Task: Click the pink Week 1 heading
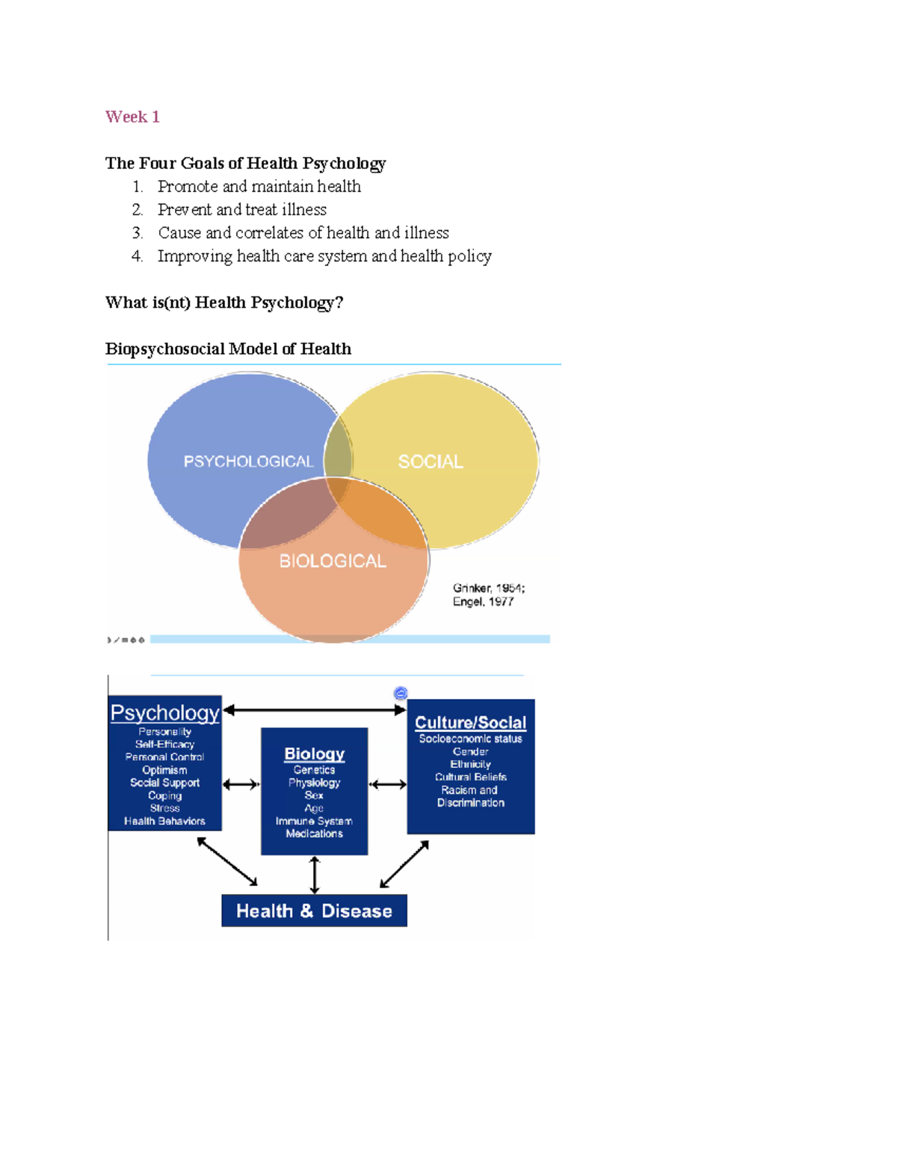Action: pos(132,117)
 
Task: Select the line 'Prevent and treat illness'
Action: pos(241,210)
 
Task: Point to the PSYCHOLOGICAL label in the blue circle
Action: pos(248,462)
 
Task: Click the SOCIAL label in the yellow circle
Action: pos(431,462)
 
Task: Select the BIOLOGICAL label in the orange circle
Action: pos(333,561)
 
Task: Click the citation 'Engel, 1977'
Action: pos(483,601)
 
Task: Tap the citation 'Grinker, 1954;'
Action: pos(489,588)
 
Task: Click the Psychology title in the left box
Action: pos(164,713)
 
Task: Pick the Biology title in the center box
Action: pos(314,754)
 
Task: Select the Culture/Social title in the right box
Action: pos(470,722)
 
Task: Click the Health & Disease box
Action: pos(314,911)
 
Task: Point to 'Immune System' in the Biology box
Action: pos(314,821)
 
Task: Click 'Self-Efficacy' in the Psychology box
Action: pos(164,744)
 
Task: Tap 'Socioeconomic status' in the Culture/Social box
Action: pos(470,739)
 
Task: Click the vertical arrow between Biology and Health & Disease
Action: pos(315,875)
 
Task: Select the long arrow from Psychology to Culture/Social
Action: pos(314,710)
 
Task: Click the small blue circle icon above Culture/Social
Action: pos(401,693)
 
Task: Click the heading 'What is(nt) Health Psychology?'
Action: pos(224,303)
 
